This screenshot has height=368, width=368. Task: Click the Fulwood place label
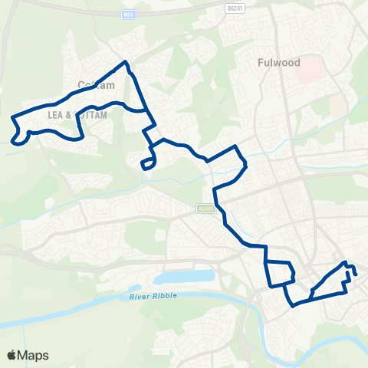click(x=278, y=62)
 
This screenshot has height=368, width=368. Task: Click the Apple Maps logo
click(x=28, y=355)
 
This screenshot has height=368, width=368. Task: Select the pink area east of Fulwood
click(x=310, y=70)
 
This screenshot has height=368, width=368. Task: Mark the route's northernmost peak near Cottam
click(x=126, y=62)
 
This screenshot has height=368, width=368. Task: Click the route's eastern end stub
click(x=356, y=271)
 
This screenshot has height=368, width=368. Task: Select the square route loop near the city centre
click(x=279, y=272)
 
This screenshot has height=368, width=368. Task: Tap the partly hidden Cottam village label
click(x=96, y=86)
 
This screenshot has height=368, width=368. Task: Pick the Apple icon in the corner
click(x=12, y=355)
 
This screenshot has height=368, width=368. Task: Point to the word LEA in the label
click(x=56, y=113)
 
